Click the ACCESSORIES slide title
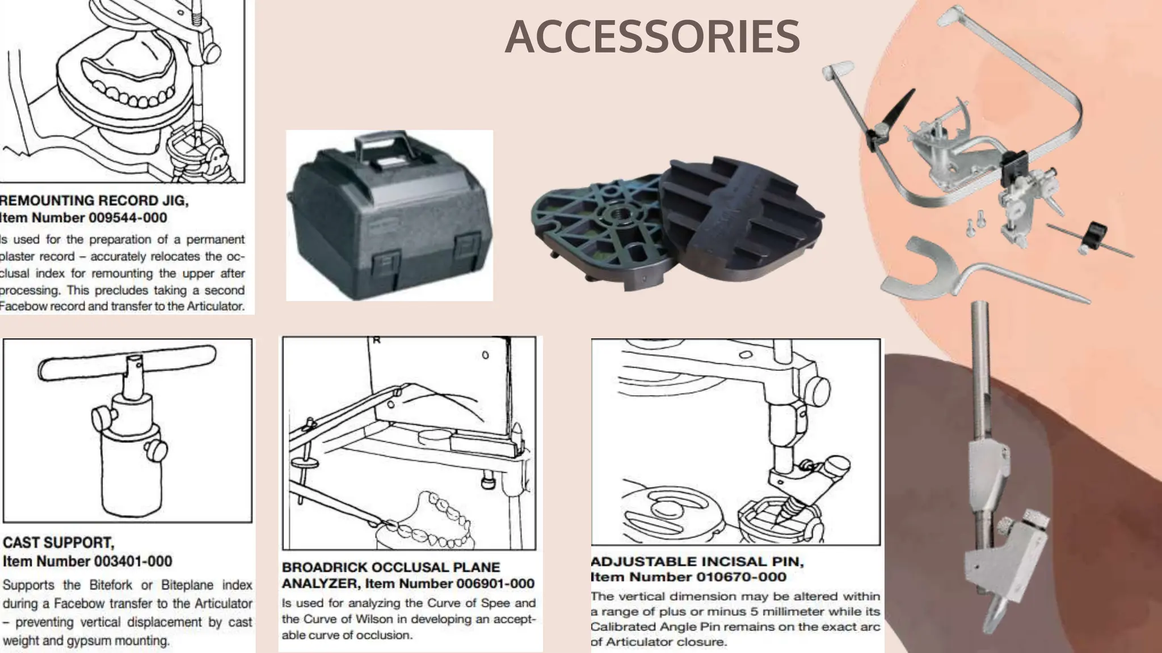coord(652,37)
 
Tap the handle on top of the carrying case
coord(381,142)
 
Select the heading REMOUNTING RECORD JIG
coord(94,201)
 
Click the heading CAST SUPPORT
coord(58,543)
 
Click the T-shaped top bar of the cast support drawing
coord(127,363)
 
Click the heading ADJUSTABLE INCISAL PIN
coord(697,562)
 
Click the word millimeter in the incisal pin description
coord(792,612)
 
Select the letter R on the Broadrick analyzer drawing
coord(376,341)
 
